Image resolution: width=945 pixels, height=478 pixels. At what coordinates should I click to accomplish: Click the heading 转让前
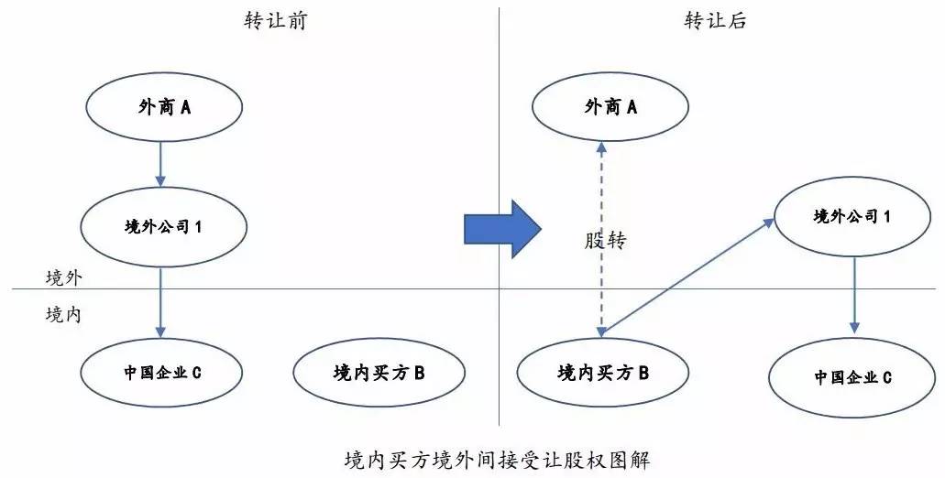(x=274, y=21)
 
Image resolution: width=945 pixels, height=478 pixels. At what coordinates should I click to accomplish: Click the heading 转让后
(x=715, y=21)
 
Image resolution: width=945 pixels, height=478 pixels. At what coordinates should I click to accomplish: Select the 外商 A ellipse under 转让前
(x=165, y=108)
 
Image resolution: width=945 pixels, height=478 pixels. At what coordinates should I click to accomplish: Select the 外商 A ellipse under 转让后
(x=611, y=108)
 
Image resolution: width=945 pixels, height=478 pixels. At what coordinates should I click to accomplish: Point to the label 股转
(x=605, y=242)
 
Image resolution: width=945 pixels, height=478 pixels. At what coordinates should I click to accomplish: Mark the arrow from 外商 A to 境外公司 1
(x=161, y=163)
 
